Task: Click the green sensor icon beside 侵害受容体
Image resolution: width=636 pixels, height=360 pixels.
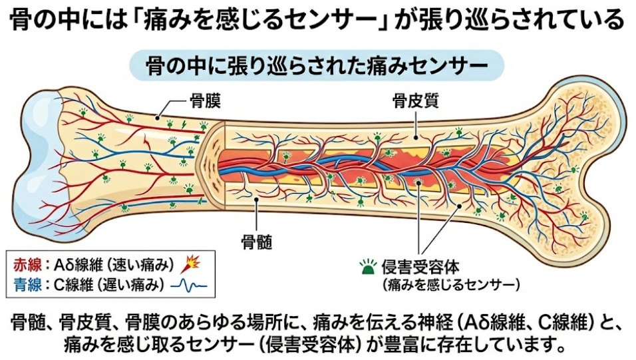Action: pyautogui.click(x=367, y=268)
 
